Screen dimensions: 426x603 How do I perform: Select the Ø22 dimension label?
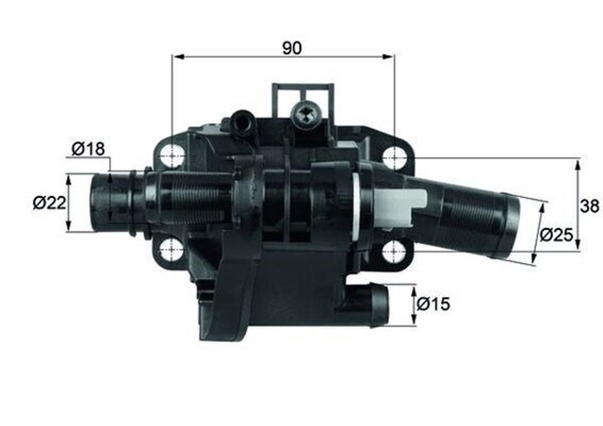coord(46,203)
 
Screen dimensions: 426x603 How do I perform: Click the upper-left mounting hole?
coord(171,155)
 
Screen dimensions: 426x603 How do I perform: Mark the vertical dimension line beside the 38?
coord(577,207)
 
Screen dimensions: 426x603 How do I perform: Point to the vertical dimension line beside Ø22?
coord(68,203)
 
